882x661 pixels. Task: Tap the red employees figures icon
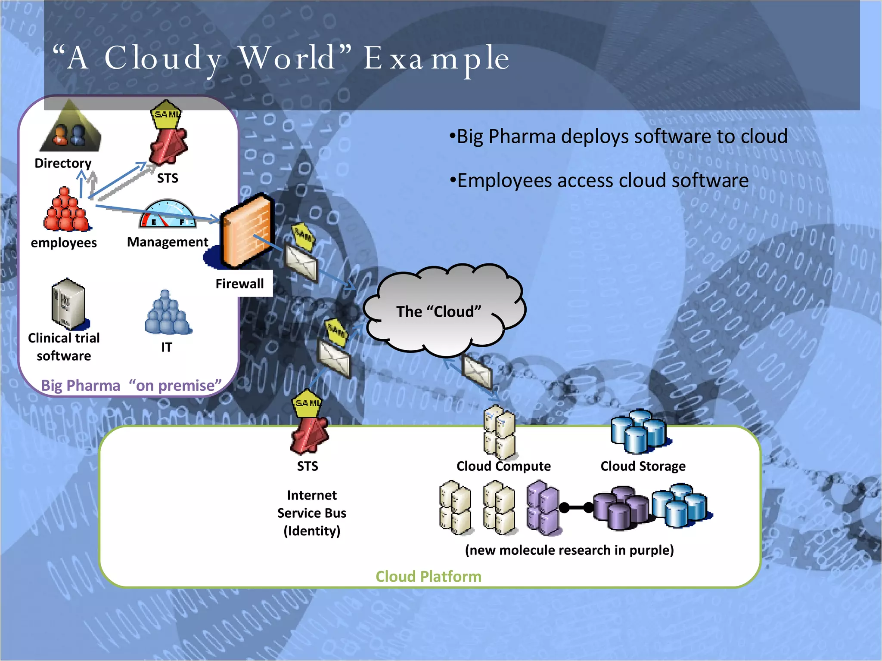tap(66, 211)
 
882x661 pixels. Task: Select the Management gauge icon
tap(167, 214)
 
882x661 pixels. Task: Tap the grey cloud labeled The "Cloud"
tap(444, 311)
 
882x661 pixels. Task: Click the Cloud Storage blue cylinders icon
tap(639, 432)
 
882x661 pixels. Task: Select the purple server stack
tap(542, 508)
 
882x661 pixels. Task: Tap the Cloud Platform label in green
tap(428, 577)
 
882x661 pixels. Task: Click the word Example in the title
tap(436, 59)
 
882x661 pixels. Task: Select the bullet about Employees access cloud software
tap(599, 180)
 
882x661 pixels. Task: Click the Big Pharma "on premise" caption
tap(131, 385)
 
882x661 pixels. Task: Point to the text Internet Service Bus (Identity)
tap(312, 513)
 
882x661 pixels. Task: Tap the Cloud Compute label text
tap(503, 466)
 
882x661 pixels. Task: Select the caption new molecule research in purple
tap(569, 550)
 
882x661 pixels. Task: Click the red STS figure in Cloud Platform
tap(309, 436)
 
